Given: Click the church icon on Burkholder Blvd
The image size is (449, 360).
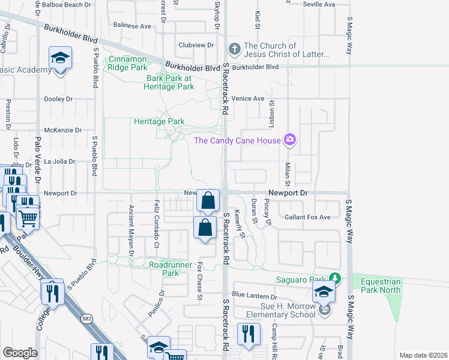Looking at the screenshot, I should click(234, 49).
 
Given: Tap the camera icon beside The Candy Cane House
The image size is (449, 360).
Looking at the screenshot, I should click(290, 140).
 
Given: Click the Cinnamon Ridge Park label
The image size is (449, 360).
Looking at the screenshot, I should click(127, 63).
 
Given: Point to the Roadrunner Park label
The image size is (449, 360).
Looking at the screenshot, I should click(163, 268).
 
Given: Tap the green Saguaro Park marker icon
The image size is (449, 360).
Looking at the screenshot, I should click(335, 278).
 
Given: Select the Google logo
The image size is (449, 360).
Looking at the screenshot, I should click(20, 353).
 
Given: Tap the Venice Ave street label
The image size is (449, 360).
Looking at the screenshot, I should click(249, 98).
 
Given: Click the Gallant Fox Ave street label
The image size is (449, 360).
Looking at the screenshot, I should click(307, 217).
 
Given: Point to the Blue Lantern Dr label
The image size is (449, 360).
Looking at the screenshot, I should click(255, 295).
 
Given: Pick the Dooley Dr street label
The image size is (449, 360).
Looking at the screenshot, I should click(58, 99).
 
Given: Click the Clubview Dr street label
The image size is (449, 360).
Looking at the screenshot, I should click(196, 45).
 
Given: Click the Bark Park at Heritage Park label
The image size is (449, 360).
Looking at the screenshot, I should click(170, 82).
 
